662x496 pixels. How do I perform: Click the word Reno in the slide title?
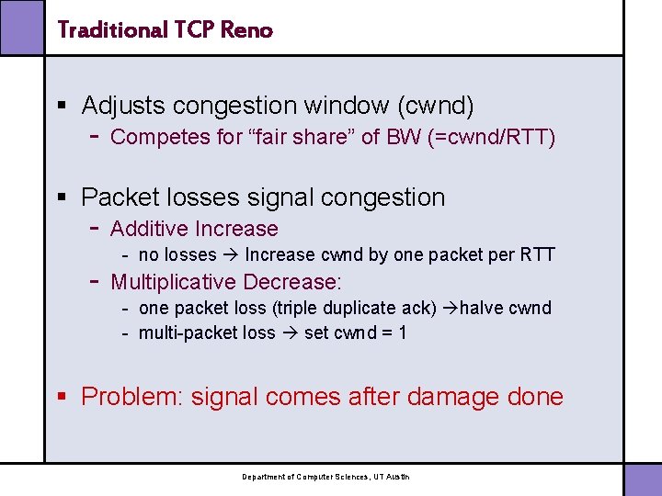click(247, 30)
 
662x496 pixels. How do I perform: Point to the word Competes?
click(154, 138)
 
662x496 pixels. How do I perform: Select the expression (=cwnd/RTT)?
click(498, 138)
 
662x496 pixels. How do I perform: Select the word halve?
click(483, 308)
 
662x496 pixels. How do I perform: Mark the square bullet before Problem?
click(63, 397)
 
